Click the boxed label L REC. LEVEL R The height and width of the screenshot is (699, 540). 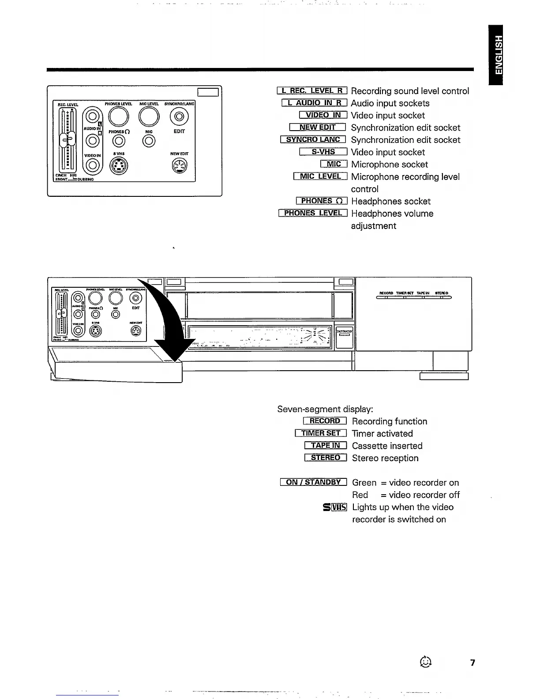click(x=312, y=91)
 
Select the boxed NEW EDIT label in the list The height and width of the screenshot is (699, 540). click(x=318, y=128)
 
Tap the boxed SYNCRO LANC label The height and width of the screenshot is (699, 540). click(x=313, y=140)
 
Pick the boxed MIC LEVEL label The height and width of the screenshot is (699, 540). click(x=320, y=177)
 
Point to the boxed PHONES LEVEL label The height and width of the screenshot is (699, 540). click(x=313, y=213)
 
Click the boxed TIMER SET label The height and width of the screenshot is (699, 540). click(x=321, y=433)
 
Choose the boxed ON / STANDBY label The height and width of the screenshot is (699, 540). click(x=313, y=482)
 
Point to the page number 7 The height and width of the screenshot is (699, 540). click(x=472, y=663)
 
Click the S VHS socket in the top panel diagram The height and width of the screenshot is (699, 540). click(x=119, y=166)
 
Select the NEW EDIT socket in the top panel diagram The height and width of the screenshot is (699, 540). click(x=179, y=166)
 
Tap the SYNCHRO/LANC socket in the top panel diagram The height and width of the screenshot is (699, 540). click(x=179, y=116)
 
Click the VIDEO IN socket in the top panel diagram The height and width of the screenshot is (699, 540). click(x=92, y=165)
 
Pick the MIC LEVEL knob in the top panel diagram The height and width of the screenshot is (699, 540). click(x=149, y=116)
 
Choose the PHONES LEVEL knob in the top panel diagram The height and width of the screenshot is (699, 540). click(x=119, y=116)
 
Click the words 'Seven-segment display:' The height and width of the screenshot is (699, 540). click(x=325, y=409)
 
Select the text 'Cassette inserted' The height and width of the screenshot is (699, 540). click(x=387, y=446)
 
